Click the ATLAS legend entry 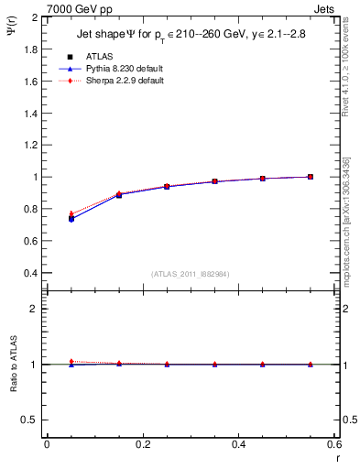point(98,58)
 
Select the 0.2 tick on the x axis point(142,443)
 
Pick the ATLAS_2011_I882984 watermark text point(189,274)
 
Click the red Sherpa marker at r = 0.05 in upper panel point(71,213)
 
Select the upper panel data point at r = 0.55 point(311,177)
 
